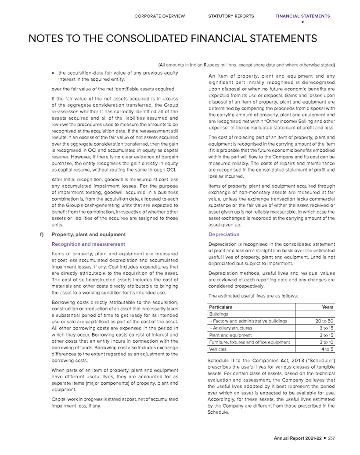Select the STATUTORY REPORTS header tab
coord(231,16)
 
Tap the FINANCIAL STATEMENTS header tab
coord(302,16)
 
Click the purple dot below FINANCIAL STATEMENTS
coord(302,22)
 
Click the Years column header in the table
coord(327,307)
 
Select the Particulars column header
coord(220,307)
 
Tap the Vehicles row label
coord(218,349)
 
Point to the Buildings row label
coord(219,314)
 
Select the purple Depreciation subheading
coord(224,234)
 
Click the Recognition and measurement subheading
coord(88,244)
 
